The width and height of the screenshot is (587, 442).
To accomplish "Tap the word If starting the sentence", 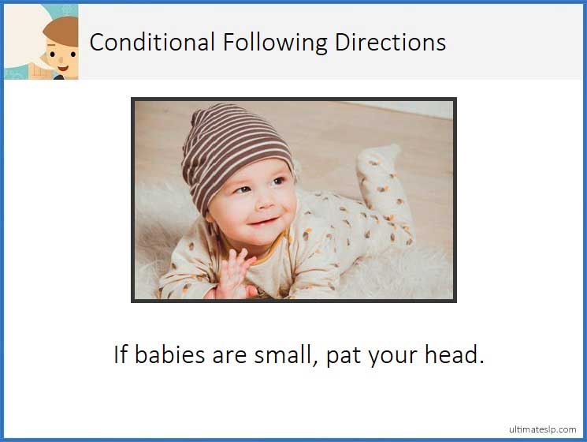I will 121,355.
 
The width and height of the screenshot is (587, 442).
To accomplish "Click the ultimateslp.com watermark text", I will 542,429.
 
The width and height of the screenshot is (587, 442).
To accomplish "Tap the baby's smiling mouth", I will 262,219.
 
